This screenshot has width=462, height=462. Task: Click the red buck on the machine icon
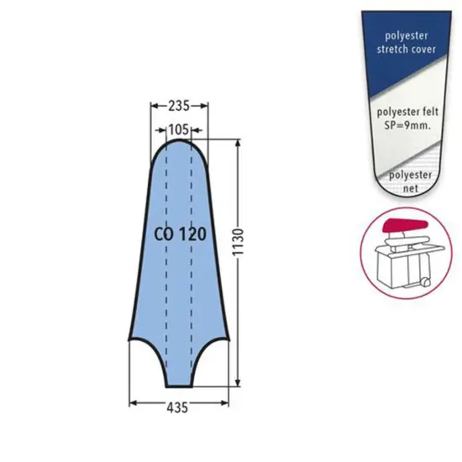402,226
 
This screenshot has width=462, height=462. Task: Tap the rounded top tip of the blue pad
180,143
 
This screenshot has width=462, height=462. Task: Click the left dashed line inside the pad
166,252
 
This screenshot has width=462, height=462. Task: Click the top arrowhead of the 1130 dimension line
240,144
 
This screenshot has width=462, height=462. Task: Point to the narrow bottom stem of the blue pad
180,374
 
